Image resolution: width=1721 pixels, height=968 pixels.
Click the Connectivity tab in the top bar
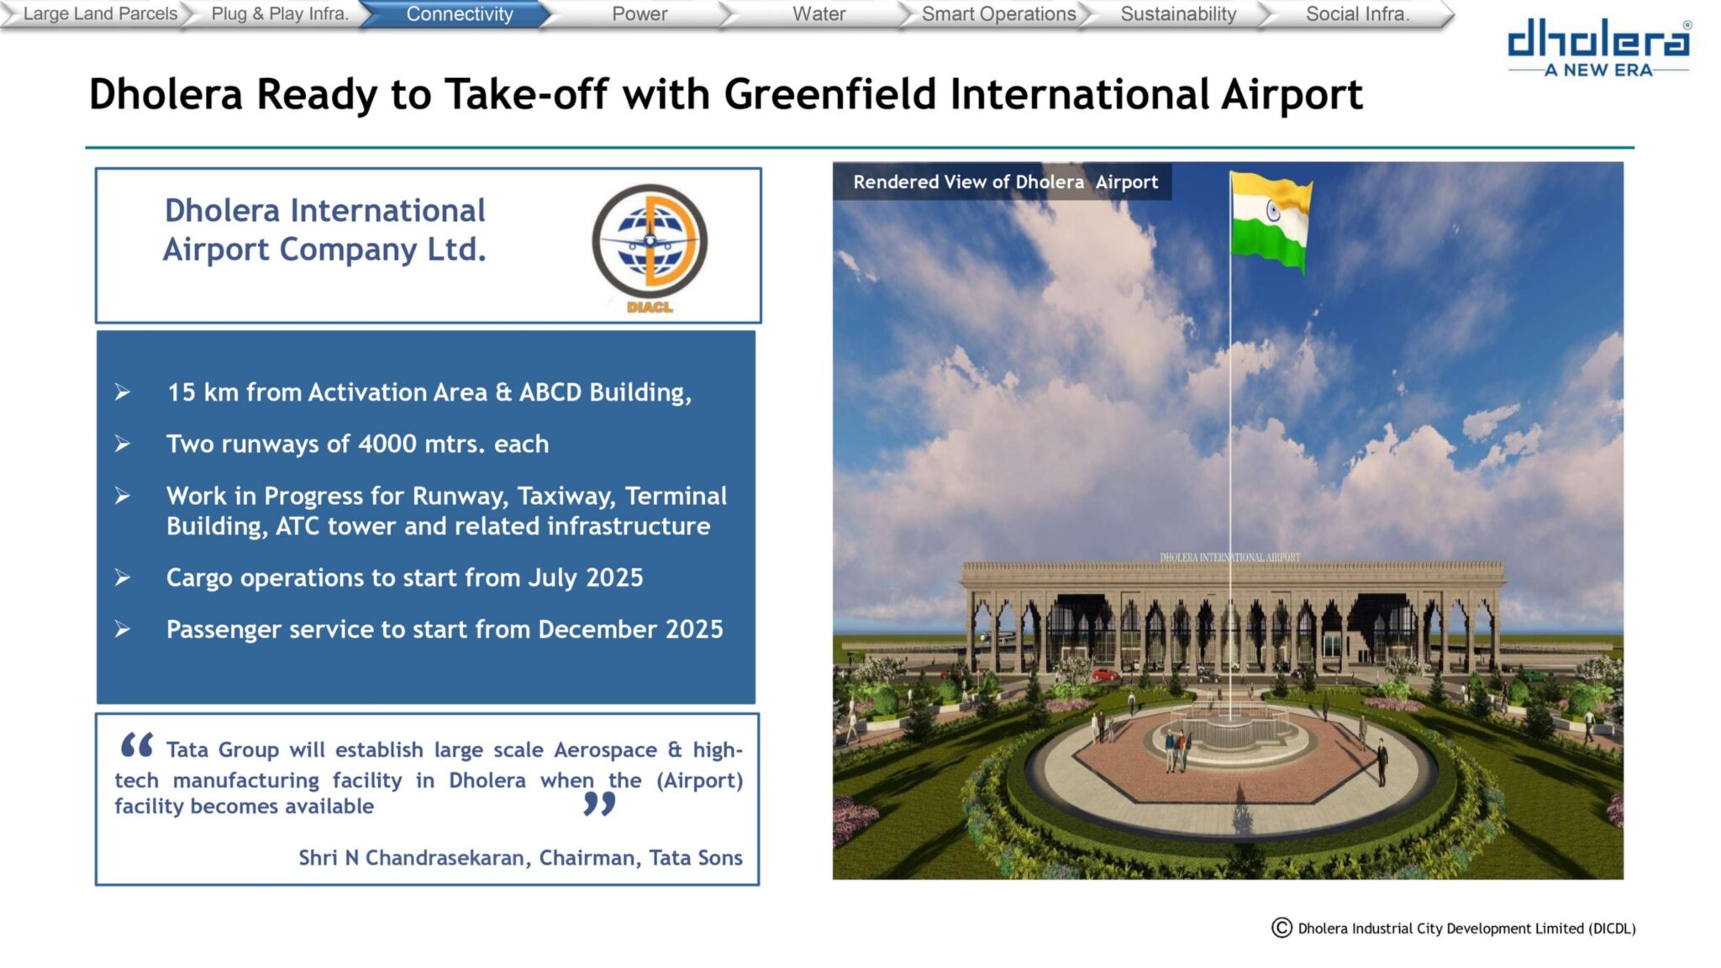[459, 14]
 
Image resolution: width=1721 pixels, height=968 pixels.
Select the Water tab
[818, 14]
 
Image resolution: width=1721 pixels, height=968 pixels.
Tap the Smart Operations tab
[998, 14]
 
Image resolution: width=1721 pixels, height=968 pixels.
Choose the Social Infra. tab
[1357, 14]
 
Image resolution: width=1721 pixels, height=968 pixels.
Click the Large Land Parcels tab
[100, 14]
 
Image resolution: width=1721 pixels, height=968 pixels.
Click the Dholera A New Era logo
[1599, 49]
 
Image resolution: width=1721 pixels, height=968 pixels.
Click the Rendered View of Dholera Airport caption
[1005, 181]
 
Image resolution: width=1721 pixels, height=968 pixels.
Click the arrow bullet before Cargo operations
[123, 577]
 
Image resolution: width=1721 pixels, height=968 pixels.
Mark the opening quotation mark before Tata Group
[136, 744]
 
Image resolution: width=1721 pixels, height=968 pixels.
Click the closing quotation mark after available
[599, 804]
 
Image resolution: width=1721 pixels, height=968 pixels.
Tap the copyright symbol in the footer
[1282, 928]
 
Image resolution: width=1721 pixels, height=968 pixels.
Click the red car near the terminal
[1104, 674]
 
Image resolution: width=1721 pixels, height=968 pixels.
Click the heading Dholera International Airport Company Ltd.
[324, 229]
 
